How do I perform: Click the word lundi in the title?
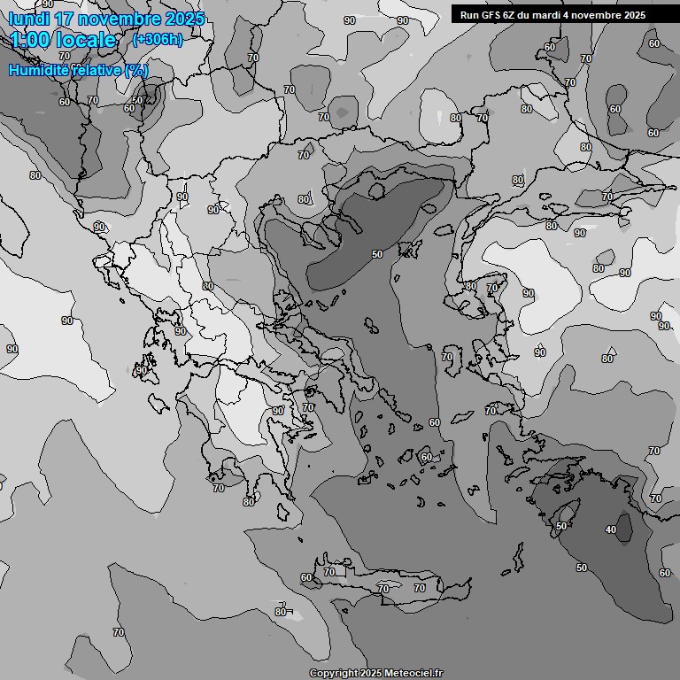pos(30,19)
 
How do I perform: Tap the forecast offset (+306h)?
pos(157,40)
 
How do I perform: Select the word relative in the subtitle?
pos(98,70)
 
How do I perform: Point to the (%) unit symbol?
pos(137,70)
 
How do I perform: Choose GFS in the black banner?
pos(492,15)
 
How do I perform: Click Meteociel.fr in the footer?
pos(412,673)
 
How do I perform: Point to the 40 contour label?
pos(610,529)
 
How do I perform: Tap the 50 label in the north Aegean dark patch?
pos(376,254)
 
